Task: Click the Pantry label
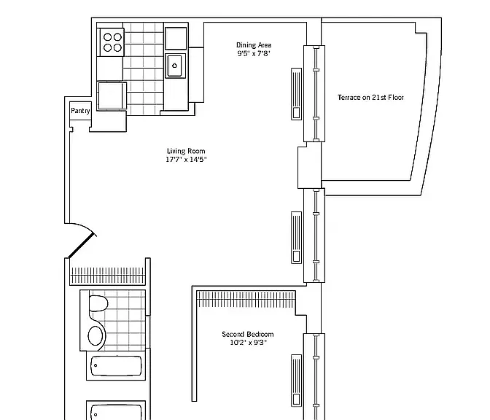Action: click(x=80, y=111)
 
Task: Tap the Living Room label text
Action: click(x=186, y=151)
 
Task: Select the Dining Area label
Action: click(x=254, y=45)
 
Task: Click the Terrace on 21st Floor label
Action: click(x=370, y=97)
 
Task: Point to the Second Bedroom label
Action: click(x=247, y=334)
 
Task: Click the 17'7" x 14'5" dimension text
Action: click(x=186, y=160)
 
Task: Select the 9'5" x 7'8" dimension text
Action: click(x=254, y=53)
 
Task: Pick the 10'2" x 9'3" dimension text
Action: click(x=248, y=342)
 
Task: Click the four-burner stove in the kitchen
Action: click(x=112, y=42)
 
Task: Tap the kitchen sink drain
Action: click(x=174, y=66)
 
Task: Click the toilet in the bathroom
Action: click(x=98, y=303)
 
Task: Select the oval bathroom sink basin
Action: click(x=96, y=336)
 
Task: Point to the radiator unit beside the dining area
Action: click(x=296, y=94)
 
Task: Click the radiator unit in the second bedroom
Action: click(x=296, y=381)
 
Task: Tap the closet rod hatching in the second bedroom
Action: click(x=246, y=299)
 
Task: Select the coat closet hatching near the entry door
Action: click(x=108, y=276)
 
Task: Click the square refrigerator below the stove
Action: click(x=112, y=96)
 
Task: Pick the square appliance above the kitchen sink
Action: click(x=176, y=39)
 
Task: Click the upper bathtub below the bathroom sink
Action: click(x=116, y=365)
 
